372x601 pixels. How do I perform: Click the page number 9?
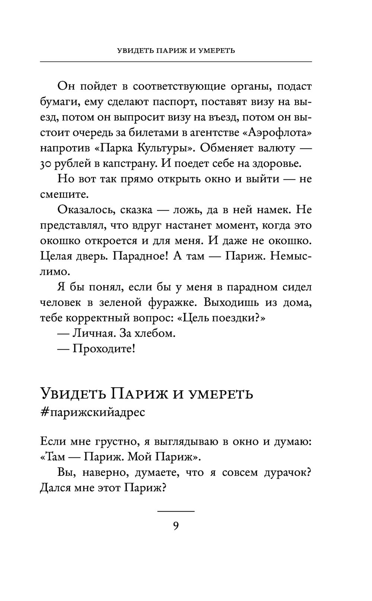(176, 526)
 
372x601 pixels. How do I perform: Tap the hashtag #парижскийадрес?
(92, 412)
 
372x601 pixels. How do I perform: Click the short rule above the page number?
(176, 511)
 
